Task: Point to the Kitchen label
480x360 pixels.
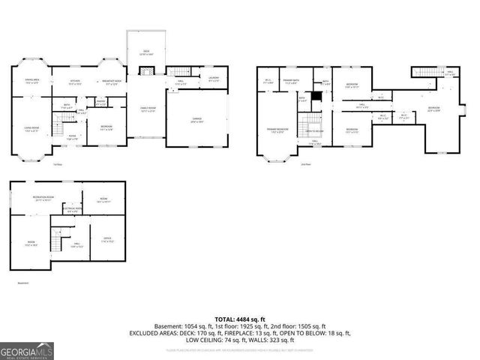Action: pos(75,81)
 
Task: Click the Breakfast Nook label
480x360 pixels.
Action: pos(111,82)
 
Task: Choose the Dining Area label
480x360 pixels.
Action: pos(32,81)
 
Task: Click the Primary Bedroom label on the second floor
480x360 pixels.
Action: pos(277,130)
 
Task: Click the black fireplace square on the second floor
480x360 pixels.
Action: pos(317,96)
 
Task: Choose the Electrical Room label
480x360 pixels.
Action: pos(72,211)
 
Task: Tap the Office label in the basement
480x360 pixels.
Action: pos(107,241)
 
